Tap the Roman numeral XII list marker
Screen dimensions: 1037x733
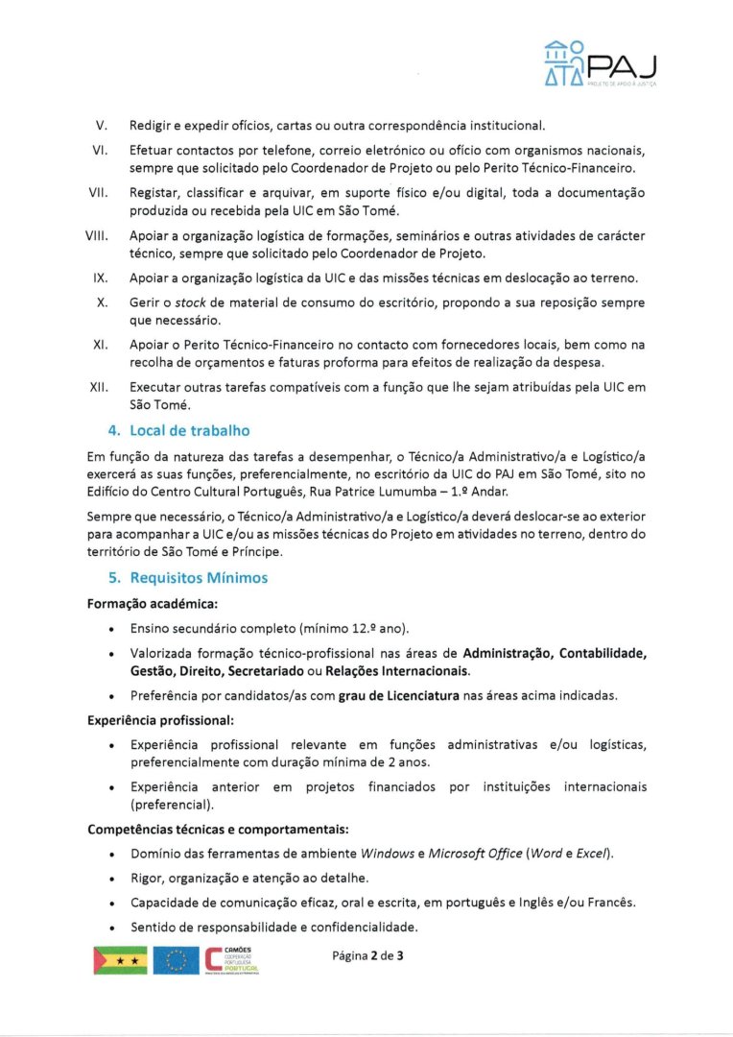point(97,387)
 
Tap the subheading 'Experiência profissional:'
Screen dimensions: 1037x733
point(153,718)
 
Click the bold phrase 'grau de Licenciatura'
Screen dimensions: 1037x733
point(397,695)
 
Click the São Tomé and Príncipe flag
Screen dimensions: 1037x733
point(120,960)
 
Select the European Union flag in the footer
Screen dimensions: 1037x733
point(176,960)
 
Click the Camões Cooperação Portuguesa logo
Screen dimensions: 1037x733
point(233,960)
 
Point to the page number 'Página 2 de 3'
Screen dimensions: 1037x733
point(368,956)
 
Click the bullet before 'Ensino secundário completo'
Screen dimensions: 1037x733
point(114,630)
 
